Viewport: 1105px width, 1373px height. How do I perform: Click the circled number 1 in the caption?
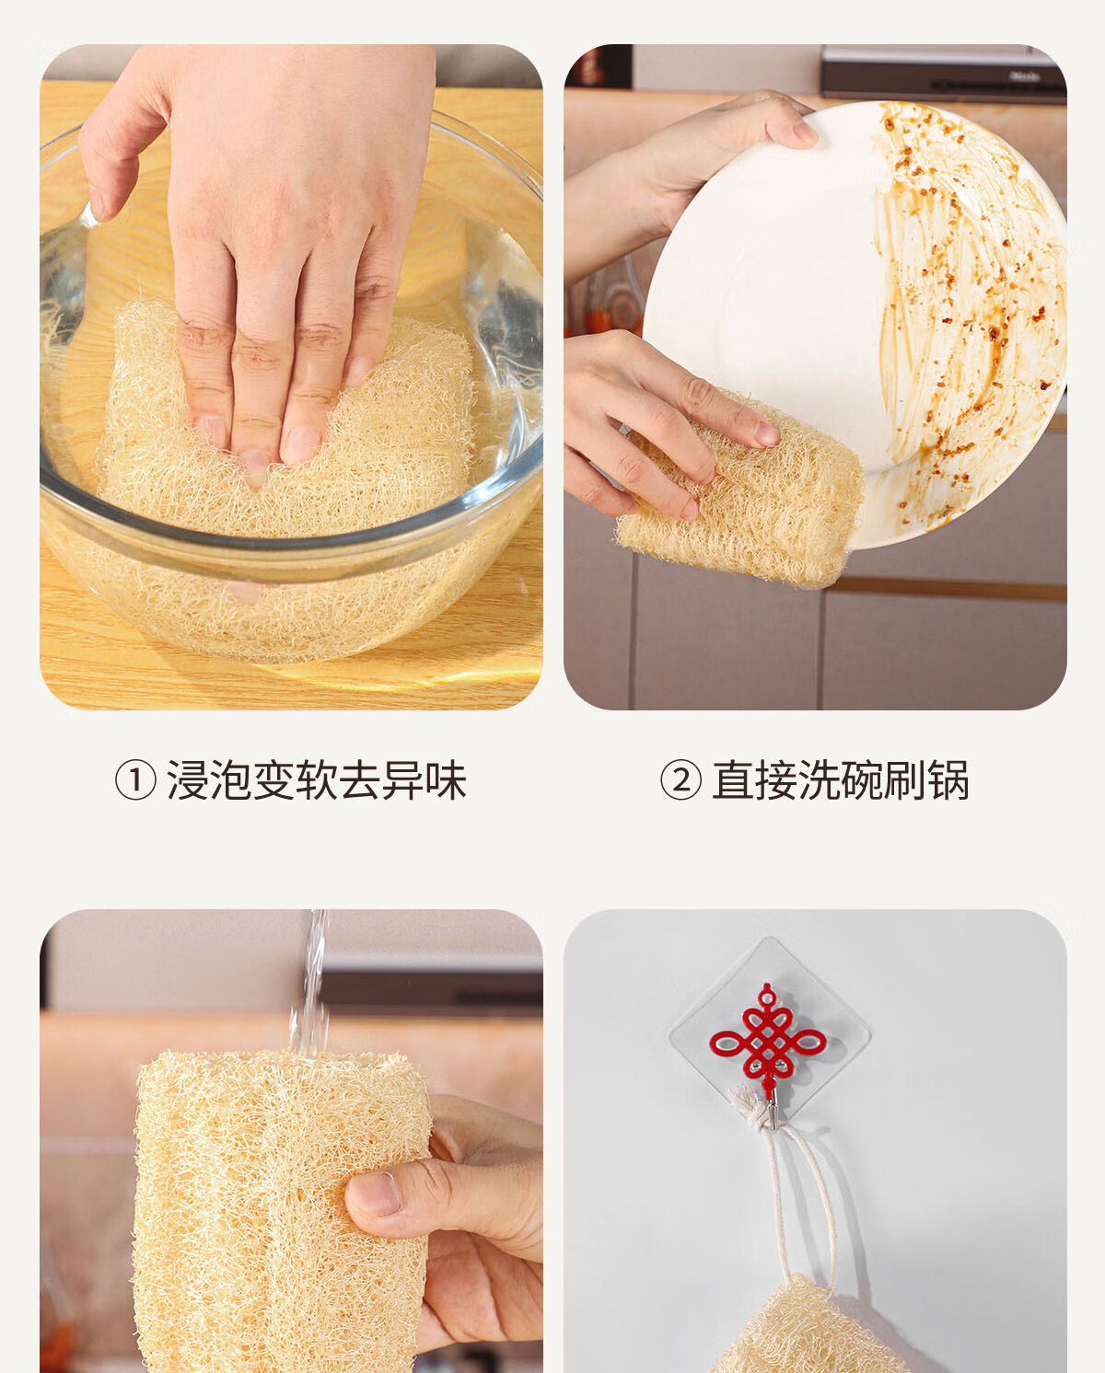pos(134,780)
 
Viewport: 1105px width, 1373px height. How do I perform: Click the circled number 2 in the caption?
pos(680,780)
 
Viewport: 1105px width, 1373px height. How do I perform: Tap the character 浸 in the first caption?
pos(188,780)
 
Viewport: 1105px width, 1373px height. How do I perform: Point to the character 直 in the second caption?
pos(734,780)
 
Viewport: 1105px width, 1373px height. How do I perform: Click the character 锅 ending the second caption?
pos(948,780)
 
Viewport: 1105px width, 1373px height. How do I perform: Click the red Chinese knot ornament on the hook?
pos(767,1041)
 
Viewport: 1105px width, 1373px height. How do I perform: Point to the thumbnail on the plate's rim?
pos(805,133)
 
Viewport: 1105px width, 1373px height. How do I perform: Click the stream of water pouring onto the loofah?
pos(309,983)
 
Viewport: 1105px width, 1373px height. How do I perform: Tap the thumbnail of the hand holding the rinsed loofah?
pos(375,1197)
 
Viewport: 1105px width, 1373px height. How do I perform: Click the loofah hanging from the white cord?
pos(808,1331)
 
